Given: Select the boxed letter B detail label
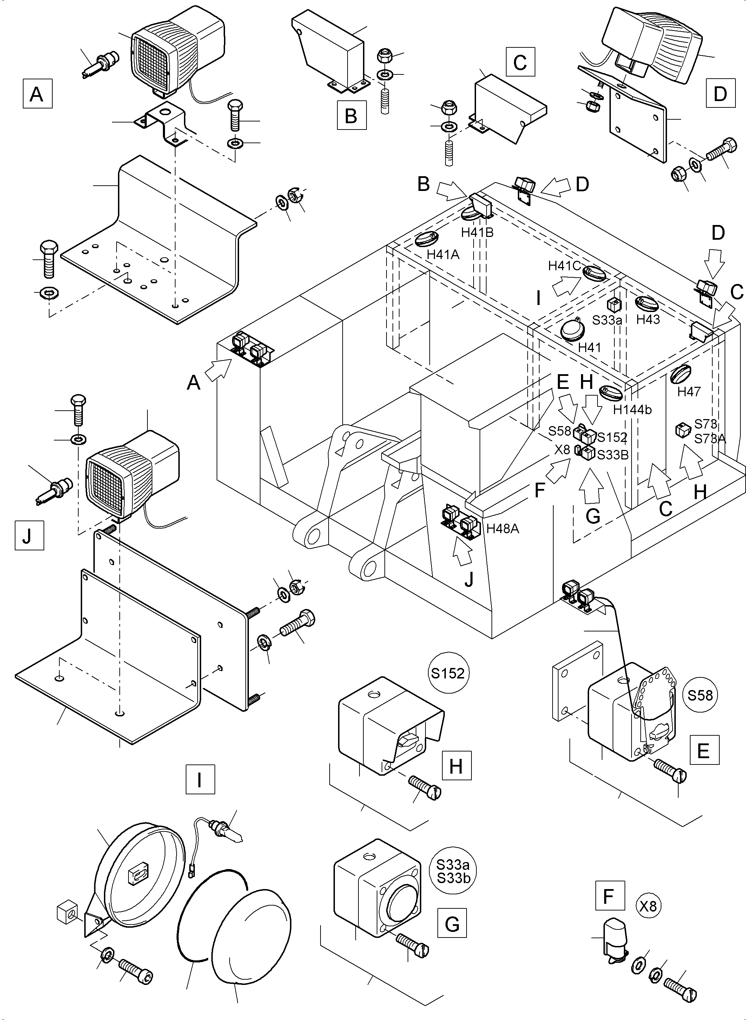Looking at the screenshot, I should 351,115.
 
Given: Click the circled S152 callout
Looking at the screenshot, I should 448,673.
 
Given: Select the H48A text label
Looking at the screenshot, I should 503,528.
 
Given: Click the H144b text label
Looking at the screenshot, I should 632,410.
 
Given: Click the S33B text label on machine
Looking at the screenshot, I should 613,455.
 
